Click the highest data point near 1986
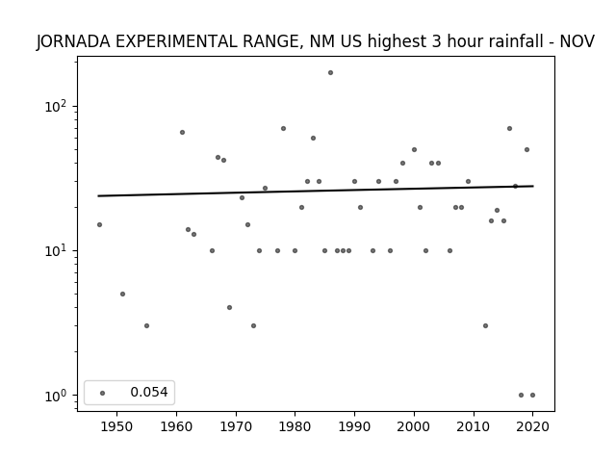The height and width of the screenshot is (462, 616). (330, 73)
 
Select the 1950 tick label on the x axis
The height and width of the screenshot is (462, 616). (116, 426)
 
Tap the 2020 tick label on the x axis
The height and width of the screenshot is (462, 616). (532, 426)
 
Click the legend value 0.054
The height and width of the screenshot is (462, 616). (149, 392)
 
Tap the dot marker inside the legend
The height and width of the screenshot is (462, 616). (103, 393)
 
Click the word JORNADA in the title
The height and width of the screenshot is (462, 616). (73, 41)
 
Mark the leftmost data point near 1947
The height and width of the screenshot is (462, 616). (99, 224)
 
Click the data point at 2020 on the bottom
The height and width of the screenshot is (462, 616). (532, 396)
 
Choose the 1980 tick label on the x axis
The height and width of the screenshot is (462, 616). (295, 426)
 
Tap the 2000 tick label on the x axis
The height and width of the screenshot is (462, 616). (414, 426)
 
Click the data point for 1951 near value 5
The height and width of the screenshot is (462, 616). (122, 294)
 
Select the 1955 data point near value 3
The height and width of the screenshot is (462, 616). (146, 325)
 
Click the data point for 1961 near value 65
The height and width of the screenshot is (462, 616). (182, 133)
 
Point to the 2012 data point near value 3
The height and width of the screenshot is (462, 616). (485, 325)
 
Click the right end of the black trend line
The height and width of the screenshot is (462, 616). (533, 186)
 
